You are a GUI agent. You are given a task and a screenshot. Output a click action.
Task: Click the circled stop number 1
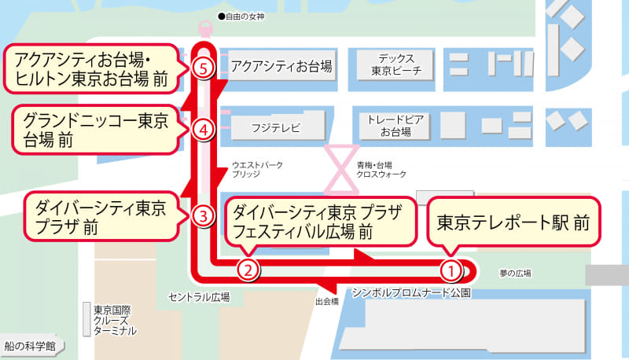tap(450, 270)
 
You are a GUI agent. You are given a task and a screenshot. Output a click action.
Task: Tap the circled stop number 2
tap(248, 270)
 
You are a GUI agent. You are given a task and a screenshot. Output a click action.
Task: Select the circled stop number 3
tap(203, 215)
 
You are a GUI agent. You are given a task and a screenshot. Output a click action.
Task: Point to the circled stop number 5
tap(203, 68)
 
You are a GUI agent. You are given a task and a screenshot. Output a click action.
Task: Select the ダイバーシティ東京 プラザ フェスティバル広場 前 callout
tap(318, 221)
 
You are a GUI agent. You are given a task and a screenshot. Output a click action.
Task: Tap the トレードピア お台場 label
tap(395, 127)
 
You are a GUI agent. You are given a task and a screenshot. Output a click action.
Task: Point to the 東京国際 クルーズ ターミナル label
tap(115, 320)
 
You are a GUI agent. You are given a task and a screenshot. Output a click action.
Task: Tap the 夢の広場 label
tap(515, 274)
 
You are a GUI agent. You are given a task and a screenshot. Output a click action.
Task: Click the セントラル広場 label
tap(199, 297)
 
